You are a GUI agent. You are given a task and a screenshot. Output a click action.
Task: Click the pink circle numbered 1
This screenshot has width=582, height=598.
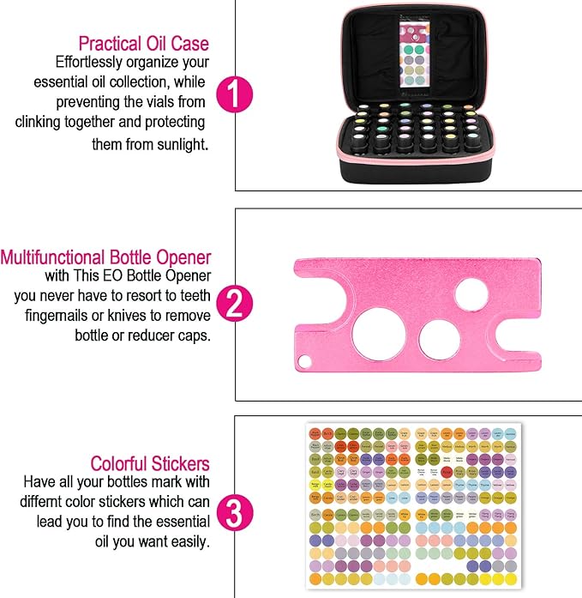click(x=232, y=95)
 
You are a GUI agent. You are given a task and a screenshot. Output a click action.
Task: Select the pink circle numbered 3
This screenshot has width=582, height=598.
click(x=232, y=512)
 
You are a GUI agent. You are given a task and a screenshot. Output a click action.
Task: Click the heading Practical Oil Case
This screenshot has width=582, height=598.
click(x=143, y=43)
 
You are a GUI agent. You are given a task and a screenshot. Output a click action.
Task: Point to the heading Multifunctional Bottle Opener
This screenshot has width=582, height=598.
click(x=105, y=257)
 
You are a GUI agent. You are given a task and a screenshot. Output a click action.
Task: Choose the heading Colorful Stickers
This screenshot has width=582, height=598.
click(x=150, y=463)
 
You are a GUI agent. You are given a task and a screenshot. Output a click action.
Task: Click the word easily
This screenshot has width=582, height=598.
click(x=186, y=542)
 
